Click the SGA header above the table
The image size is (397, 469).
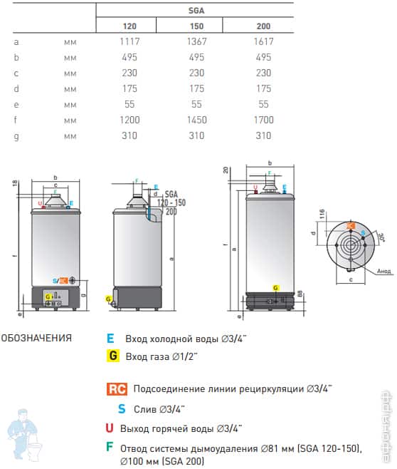(194, 10)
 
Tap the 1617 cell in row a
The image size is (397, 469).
(263, 41)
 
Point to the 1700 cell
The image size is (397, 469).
(263, 120)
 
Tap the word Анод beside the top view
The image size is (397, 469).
(383, 271)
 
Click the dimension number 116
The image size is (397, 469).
(322, 214)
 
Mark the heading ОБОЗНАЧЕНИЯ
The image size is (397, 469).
(36, 338)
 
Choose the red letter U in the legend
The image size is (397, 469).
(109, 428)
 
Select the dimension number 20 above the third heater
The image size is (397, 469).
(227, 170)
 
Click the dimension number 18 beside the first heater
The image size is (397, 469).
(14, 184)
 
